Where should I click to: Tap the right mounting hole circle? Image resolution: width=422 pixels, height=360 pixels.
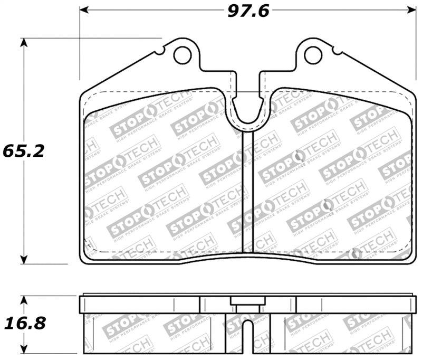[x=313, y=53]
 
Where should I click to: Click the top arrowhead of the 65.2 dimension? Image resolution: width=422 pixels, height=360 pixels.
[x=23, y=42]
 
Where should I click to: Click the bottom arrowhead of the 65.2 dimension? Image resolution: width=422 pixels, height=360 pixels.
[x=23, y=259]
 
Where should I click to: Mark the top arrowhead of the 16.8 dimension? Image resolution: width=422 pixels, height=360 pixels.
[x=23, y=299]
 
